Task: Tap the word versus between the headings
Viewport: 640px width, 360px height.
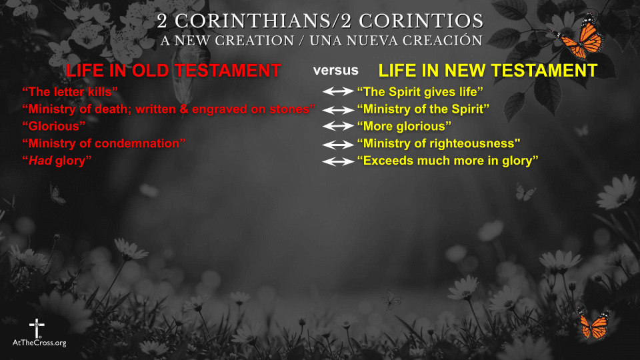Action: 336,70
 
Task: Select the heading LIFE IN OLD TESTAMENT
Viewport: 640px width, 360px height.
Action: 173,71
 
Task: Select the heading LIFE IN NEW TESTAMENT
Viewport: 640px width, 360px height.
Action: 487,71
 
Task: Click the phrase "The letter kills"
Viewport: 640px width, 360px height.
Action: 70,91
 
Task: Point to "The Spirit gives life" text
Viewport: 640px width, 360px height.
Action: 420,91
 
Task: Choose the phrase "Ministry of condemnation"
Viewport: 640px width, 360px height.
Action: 104,143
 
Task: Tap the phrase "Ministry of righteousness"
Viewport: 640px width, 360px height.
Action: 439,143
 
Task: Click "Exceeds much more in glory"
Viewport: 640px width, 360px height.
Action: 447,161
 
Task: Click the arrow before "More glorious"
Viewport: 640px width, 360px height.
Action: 339,126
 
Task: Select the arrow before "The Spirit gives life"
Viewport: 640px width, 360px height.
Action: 339,91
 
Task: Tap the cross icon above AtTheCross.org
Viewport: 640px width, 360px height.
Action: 36,328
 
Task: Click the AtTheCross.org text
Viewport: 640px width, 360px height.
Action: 39,343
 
